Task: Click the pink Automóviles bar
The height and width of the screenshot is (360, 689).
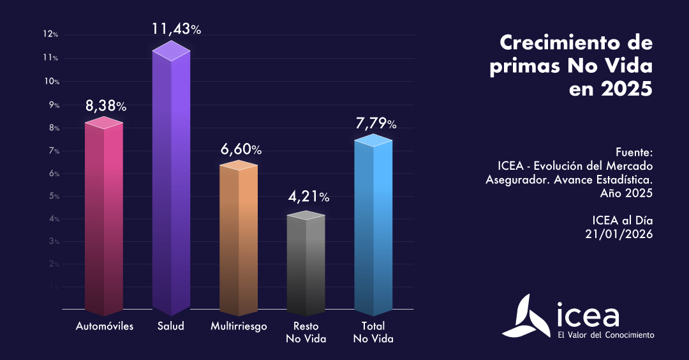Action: pos(104,217)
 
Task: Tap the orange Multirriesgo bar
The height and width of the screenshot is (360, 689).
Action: pos(239,239)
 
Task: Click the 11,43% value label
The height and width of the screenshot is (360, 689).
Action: pos(176,29)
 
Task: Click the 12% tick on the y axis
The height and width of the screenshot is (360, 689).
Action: pos(52,34)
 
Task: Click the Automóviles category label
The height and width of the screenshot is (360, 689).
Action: pos(105,326)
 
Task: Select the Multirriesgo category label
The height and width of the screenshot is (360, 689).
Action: pos(239,326)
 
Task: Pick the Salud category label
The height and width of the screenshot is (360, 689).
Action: pos(171,326)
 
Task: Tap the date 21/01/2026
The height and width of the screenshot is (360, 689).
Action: pos(619,234)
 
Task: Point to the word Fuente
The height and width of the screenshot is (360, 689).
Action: pos(635,153)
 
